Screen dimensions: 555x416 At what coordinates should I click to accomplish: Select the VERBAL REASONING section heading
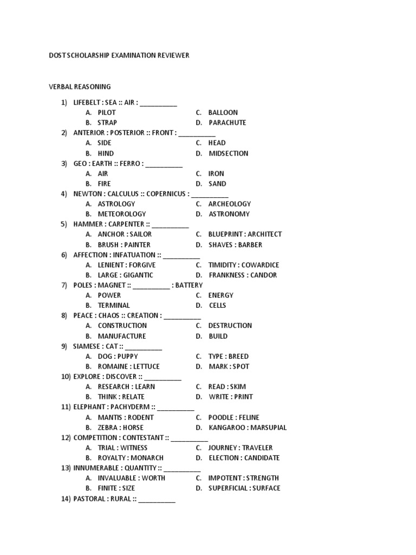click(x=80, y=87)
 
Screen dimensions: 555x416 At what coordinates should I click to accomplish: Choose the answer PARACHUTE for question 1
click(x=227, y=122)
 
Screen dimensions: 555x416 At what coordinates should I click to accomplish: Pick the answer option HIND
click(x=106, y=153)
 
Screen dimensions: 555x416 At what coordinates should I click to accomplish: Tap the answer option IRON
click(x=216, y=174)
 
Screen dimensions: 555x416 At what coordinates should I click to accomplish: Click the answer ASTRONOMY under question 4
click(x=229, y=214)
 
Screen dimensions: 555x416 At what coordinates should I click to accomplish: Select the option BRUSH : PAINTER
click(x=124, y=244)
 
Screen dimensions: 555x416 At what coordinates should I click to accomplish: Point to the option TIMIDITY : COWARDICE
click(x=244, y=265)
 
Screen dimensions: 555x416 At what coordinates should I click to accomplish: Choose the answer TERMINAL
click(x=114, y=306)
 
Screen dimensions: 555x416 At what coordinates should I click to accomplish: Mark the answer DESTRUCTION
click(x=230, y=326)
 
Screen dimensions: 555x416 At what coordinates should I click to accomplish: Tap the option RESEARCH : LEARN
click(x=126, y=387)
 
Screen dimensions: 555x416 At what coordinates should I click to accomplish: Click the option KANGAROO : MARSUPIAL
click(x=248, y=428)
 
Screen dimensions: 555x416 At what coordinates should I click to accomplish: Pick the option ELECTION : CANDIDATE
click(x=244, y=458)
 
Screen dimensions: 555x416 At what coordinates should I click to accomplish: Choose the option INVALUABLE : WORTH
click(x=132, y=478)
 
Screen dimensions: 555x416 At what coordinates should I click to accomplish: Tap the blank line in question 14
click(x=157, y=500)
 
